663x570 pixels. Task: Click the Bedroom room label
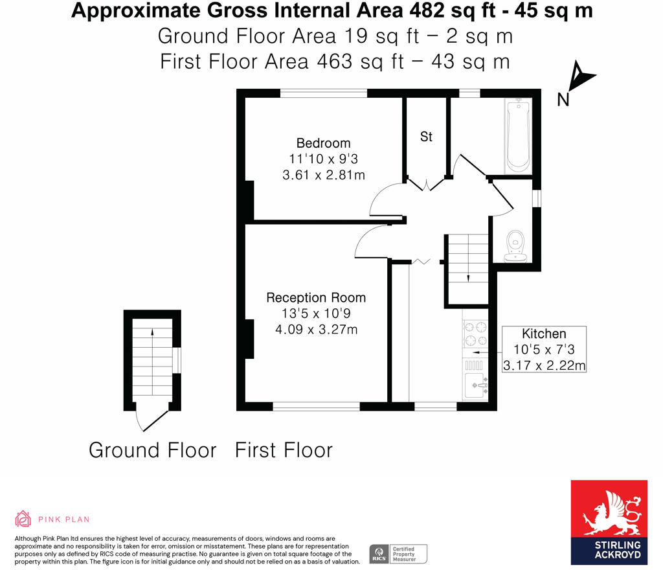323,143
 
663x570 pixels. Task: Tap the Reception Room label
316,298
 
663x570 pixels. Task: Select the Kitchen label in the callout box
544,334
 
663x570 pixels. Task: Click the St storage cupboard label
426,137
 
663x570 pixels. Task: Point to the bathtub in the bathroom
518,135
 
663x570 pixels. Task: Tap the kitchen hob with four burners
475,334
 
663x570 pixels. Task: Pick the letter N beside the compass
563,100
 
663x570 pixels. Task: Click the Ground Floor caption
152,450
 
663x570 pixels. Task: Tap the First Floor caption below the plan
284,450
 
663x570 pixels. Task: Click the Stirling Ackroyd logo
609,522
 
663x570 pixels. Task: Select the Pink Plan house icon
23,519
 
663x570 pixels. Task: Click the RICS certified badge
398,554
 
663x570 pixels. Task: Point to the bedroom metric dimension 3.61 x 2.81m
323,175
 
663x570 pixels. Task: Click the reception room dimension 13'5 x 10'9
316,313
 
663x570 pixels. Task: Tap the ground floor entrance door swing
148,421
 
